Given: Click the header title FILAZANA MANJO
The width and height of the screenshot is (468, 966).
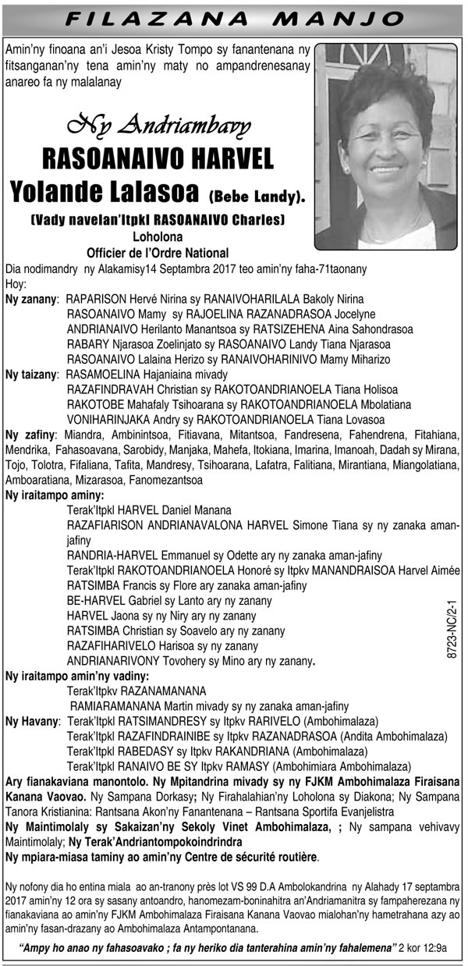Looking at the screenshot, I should click(x=234, y=17).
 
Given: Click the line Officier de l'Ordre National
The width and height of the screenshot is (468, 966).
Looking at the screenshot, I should click(x=158, y=252).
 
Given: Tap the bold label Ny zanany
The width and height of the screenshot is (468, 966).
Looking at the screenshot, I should click(x=31, y=299).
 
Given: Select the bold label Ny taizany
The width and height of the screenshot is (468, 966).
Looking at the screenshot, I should click(x=30, y=375).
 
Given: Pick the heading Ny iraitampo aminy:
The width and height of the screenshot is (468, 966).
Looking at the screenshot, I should click(x=55, y=495).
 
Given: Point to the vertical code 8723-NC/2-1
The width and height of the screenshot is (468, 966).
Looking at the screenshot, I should click(x=452, y=627).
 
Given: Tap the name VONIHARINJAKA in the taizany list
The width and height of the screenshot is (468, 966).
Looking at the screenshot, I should click(x=107, y=419).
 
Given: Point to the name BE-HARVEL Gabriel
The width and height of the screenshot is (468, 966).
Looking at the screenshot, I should click(x=116, y=601).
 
